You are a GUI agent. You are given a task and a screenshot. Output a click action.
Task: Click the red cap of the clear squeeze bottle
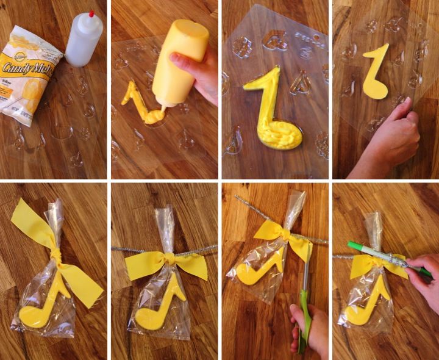(91, 13)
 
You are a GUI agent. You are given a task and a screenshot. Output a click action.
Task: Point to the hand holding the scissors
(308, 333)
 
